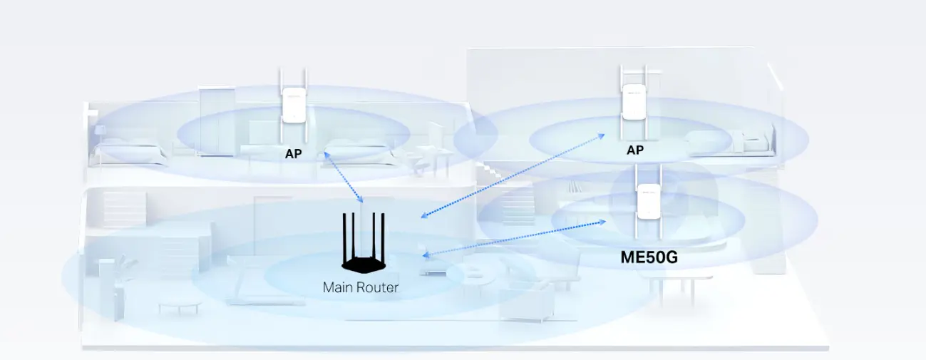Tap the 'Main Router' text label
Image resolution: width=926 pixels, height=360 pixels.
tap(361, 288)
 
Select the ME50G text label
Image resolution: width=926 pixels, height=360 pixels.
tap(649, 257)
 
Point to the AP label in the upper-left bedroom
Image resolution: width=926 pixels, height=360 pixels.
tap(294, 153)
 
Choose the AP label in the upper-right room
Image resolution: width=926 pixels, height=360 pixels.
tap(634, 150)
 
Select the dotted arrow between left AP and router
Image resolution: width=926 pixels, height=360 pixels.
tap(344, 176)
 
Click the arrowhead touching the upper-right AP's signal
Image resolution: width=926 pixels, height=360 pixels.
tap(600, 135)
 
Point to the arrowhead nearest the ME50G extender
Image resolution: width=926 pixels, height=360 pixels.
tap(604, 222)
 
